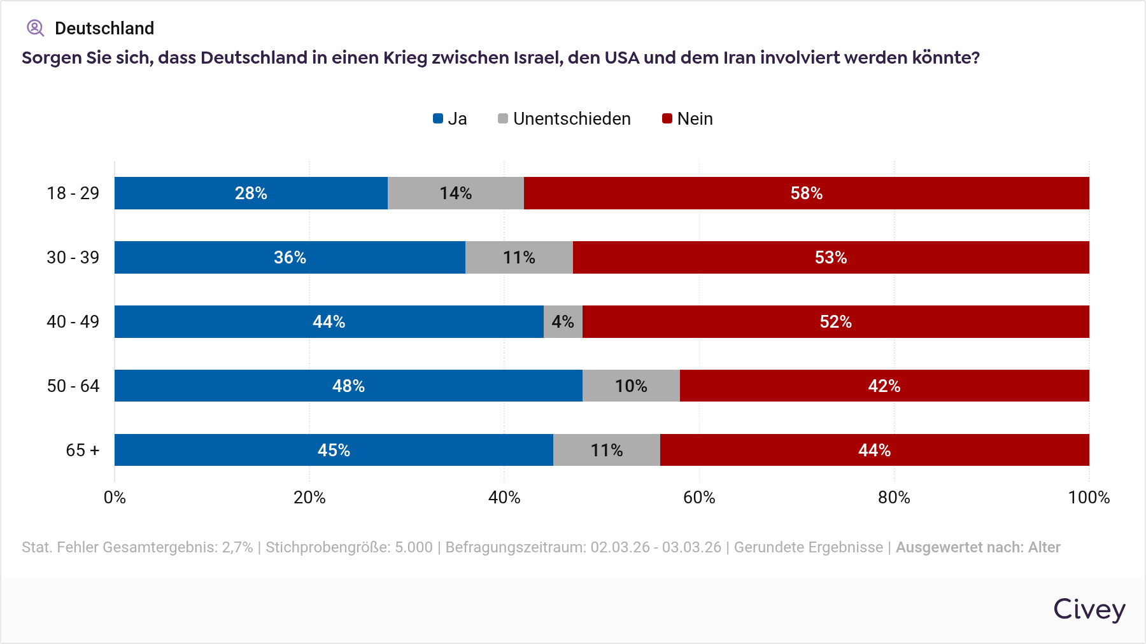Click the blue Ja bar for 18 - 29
251,193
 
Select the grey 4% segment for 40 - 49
563,321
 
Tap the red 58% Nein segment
806,193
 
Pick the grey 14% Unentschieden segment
455,193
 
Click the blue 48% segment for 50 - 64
348,386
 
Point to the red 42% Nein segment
884,386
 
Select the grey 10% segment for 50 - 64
631,386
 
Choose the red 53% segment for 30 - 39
831,257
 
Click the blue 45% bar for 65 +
334,450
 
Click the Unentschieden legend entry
564,119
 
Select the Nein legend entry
688,119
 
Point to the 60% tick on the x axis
699,497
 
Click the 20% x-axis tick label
309,497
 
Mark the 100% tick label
1089,497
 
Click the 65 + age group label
83,450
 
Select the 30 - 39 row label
73,257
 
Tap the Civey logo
1089,609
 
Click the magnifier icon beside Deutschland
35,28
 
